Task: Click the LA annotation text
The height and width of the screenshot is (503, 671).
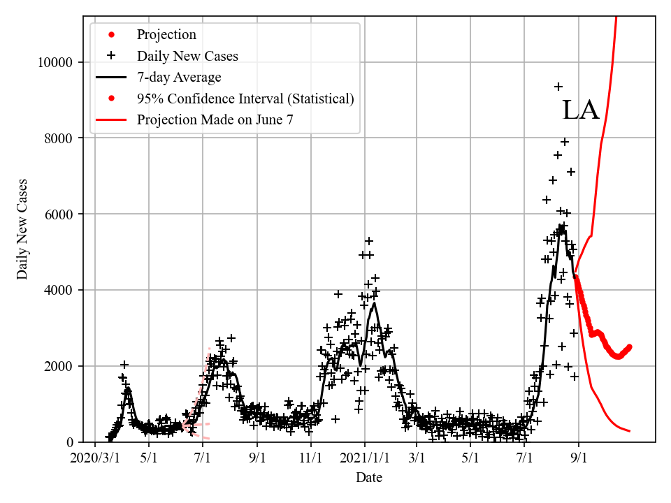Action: [x=581, y=110]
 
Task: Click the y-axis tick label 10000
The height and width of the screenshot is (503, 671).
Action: [x=55, y=62]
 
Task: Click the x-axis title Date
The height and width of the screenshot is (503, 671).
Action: [x=368, y=478]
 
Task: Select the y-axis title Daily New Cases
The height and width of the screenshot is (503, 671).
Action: [x=22, y=229]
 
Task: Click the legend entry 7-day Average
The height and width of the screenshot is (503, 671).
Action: [x=179, y=77]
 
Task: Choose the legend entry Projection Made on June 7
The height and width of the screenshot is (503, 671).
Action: [x=215, y=119]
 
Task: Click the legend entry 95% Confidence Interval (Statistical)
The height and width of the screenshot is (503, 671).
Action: [x=245, y=99]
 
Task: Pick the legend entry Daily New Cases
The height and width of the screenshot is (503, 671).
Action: [x=187, y=56]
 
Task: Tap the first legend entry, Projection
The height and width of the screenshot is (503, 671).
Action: [x=166, y=35]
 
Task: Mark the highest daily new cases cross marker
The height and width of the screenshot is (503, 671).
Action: [x=558, y=87]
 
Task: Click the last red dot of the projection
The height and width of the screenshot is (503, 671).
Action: [x=629, y=347]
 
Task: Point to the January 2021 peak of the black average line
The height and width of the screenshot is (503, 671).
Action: [x=375, y=303]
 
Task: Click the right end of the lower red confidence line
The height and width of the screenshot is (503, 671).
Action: [x=630, y=431]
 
